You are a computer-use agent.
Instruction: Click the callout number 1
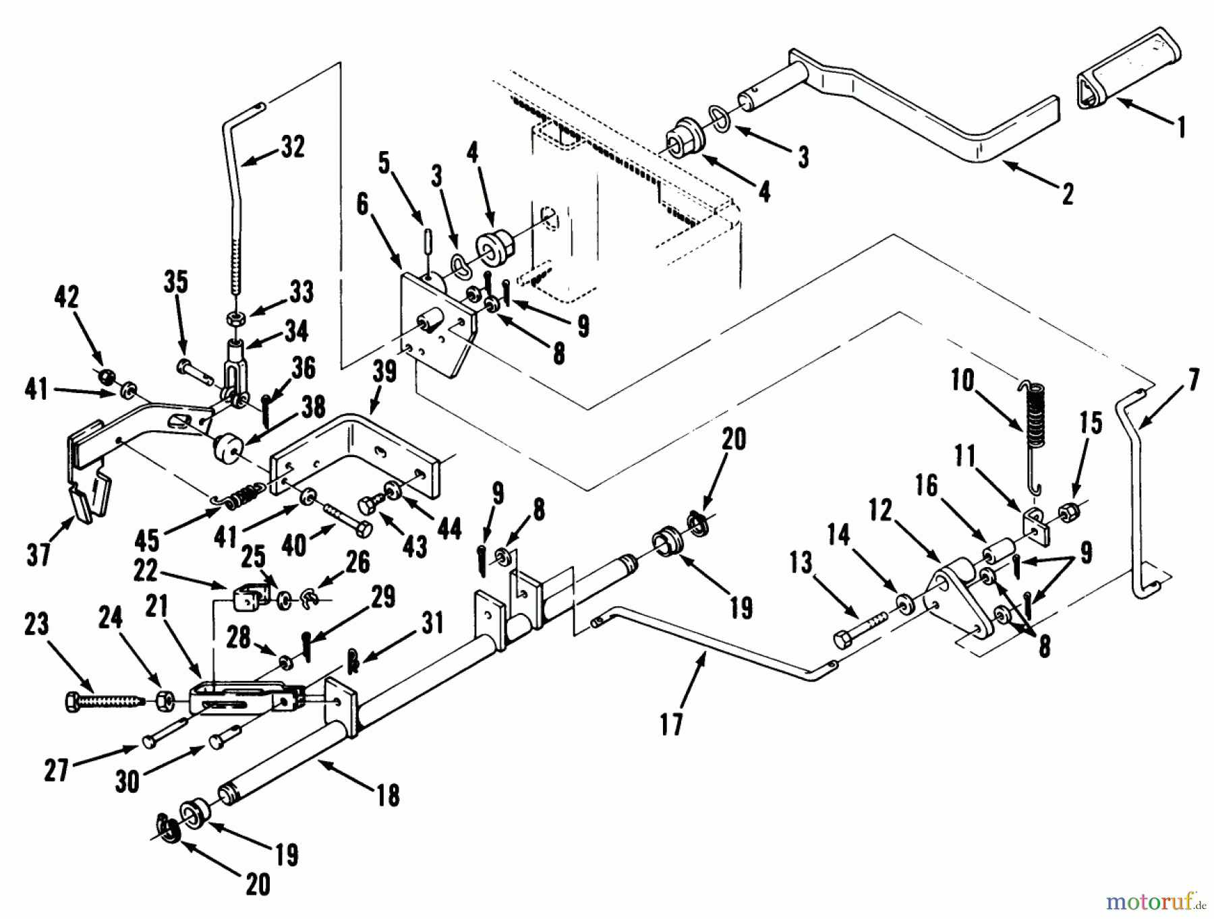point(1180,127)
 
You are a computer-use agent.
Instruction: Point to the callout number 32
point(292,147)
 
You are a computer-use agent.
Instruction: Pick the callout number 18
point(389,795)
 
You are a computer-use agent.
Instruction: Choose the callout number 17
point(671,724)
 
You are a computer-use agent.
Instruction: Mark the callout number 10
point(962,381)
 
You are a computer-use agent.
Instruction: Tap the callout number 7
point(1193,382)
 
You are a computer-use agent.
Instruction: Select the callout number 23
point(36,624)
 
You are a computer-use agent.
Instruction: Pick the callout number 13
point(801,563)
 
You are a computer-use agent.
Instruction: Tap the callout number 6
point(363,204)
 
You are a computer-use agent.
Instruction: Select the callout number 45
point(147,539)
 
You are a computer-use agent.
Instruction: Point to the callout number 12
point(880,512)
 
